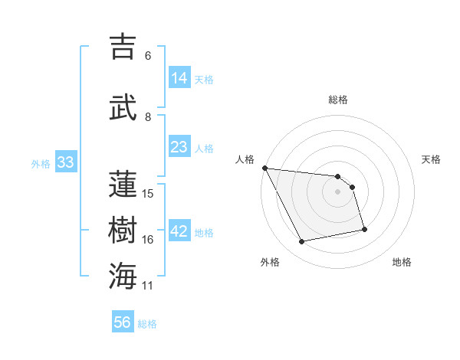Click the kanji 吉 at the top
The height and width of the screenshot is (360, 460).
pyautogui.click(x=125, y=47)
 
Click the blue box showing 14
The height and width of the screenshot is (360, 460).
pyautogui.click(x=179, y=77)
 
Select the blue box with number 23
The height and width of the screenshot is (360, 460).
pyautogui.click(x=179, y=147)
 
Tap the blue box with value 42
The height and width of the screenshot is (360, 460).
pyautogui.click(x=179, y=231)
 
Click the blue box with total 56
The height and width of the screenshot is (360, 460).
pyautogui.click(x=123, y=322)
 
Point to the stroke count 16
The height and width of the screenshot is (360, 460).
pyautogui.click(x=148, y=240)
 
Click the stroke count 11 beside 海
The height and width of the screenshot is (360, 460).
pyautogui.click(x=148, y=286)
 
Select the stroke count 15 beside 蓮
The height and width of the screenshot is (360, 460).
pyautogui.click(x=148, y=193)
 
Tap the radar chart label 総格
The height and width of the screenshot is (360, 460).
pyautogui.click(x=338, y=100)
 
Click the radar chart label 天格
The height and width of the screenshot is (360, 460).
pyautogui.click(x=432, y=159)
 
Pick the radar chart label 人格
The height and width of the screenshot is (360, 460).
pyautogui.click(x=245, y=159)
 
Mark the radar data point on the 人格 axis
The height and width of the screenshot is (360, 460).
pyautogui.click(x=264, y=168)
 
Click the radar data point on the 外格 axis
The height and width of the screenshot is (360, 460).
pyautogui.click(x=302, y=242)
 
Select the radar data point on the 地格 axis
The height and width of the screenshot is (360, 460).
pyautogui.click(x=364, y=229)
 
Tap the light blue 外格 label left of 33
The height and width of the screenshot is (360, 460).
pyautogui.click(x=41, y=163)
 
